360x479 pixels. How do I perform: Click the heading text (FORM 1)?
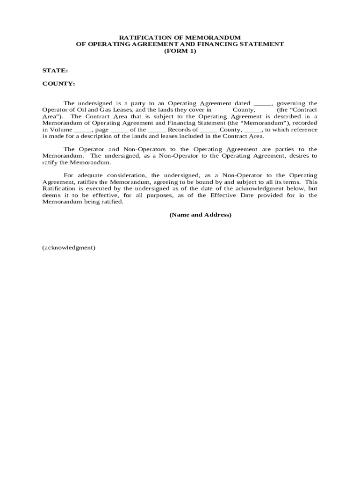point(180,51)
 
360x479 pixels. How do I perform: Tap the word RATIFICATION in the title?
point(141,37)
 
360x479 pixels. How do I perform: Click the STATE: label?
point(55,70)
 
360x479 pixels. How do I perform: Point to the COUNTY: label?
point(58,84)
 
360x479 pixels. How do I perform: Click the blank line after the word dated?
point(262,103)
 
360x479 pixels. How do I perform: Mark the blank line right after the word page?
point(120,130)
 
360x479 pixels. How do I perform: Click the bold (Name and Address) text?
point(200,215)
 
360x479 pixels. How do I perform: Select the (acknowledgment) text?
point(69,247)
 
